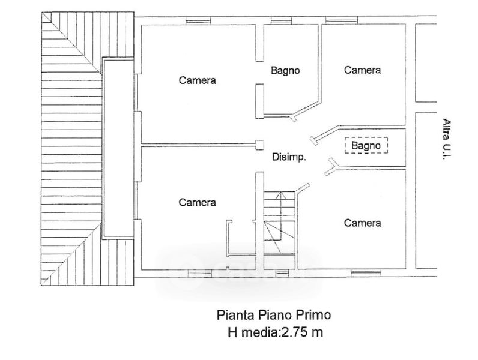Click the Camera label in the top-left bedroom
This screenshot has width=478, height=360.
(x=197, y=80)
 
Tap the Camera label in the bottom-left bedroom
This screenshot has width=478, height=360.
(x=197, y=202)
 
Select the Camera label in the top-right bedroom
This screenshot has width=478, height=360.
(x=362, y=70)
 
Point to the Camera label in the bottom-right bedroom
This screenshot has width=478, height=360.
(x=362, y=223)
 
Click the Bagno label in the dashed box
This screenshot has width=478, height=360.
(x=366, y=145)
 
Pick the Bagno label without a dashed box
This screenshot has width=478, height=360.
(x=285, y=71)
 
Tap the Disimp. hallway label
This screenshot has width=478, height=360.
(x=289, y=157)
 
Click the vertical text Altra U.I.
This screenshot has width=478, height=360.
(x=447, y=138)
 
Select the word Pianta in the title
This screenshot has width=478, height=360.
(x=235, y=314)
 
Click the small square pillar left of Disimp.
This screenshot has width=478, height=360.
(x=259, y=145)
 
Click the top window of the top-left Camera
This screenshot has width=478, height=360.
(x=198, y=20)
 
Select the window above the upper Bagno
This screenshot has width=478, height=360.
(x=282, y=20)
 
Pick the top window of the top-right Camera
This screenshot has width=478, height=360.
(x=342, y=20)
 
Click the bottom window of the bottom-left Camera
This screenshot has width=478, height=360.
(x=200, y=273)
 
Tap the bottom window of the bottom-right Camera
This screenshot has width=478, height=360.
(x=366, y=273)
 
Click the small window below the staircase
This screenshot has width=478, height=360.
(x=282, y=273)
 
